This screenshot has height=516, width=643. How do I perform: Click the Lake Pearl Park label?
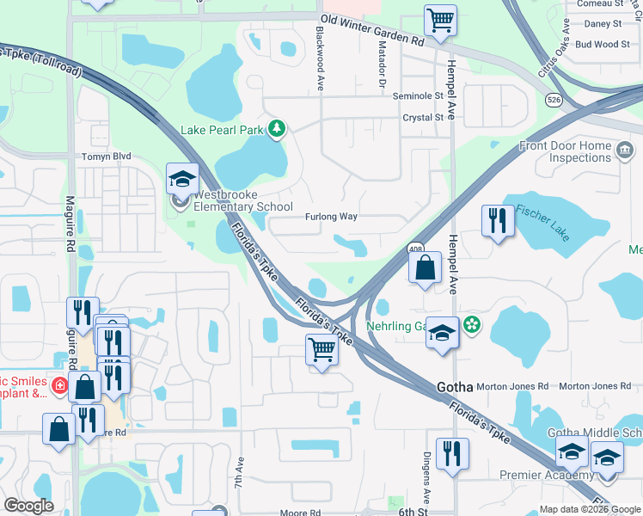(222, 131)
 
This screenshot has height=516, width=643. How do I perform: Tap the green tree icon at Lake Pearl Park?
(277, 130)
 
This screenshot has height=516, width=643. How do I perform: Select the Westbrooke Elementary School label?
(236, 200)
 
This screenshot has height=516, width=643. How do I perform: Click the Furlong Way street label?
(331, 217)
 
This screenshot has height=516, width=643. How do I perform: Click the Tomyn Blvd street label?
(106, 157)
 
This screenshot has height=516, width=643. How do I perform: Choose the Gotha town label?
(455, 387)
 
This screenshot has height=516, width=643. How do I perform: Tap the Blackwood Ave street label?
(319, 58)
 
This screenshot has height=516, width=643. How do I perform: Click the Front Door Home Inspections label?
(565, 152)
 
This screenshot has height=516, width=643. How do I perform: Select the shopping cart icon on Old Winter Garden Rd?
(440, 19)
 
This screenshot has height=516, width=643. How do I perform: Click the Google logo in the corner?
(28, 506)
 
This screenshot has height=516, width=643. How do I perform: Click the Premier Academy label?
(547, 476)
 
